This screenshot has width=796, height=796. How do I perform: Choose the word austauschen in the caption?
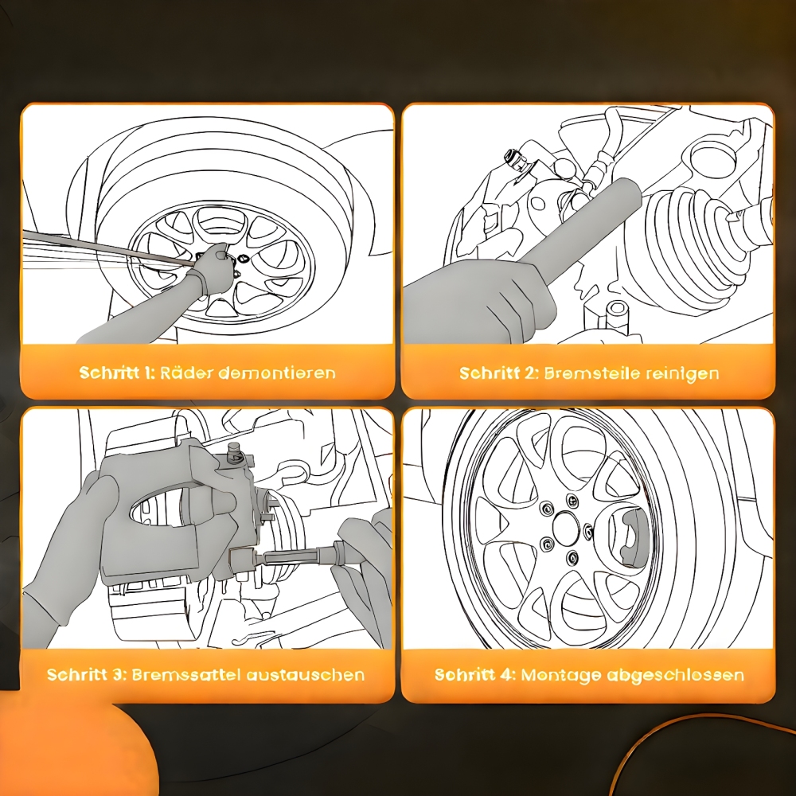point(305,675)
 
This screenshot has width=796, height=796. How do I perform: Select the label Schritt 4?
point(475,675)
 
